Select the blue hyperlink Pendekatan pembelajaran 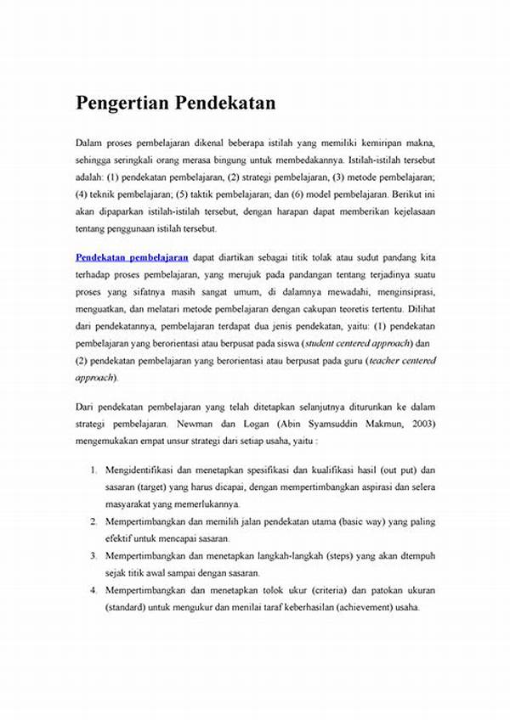coord(132,256)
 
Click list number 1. coord(93,470)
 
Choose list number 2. coord(93,520)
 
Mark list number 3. coord(93,555)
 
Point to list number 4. coord(93,590)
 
